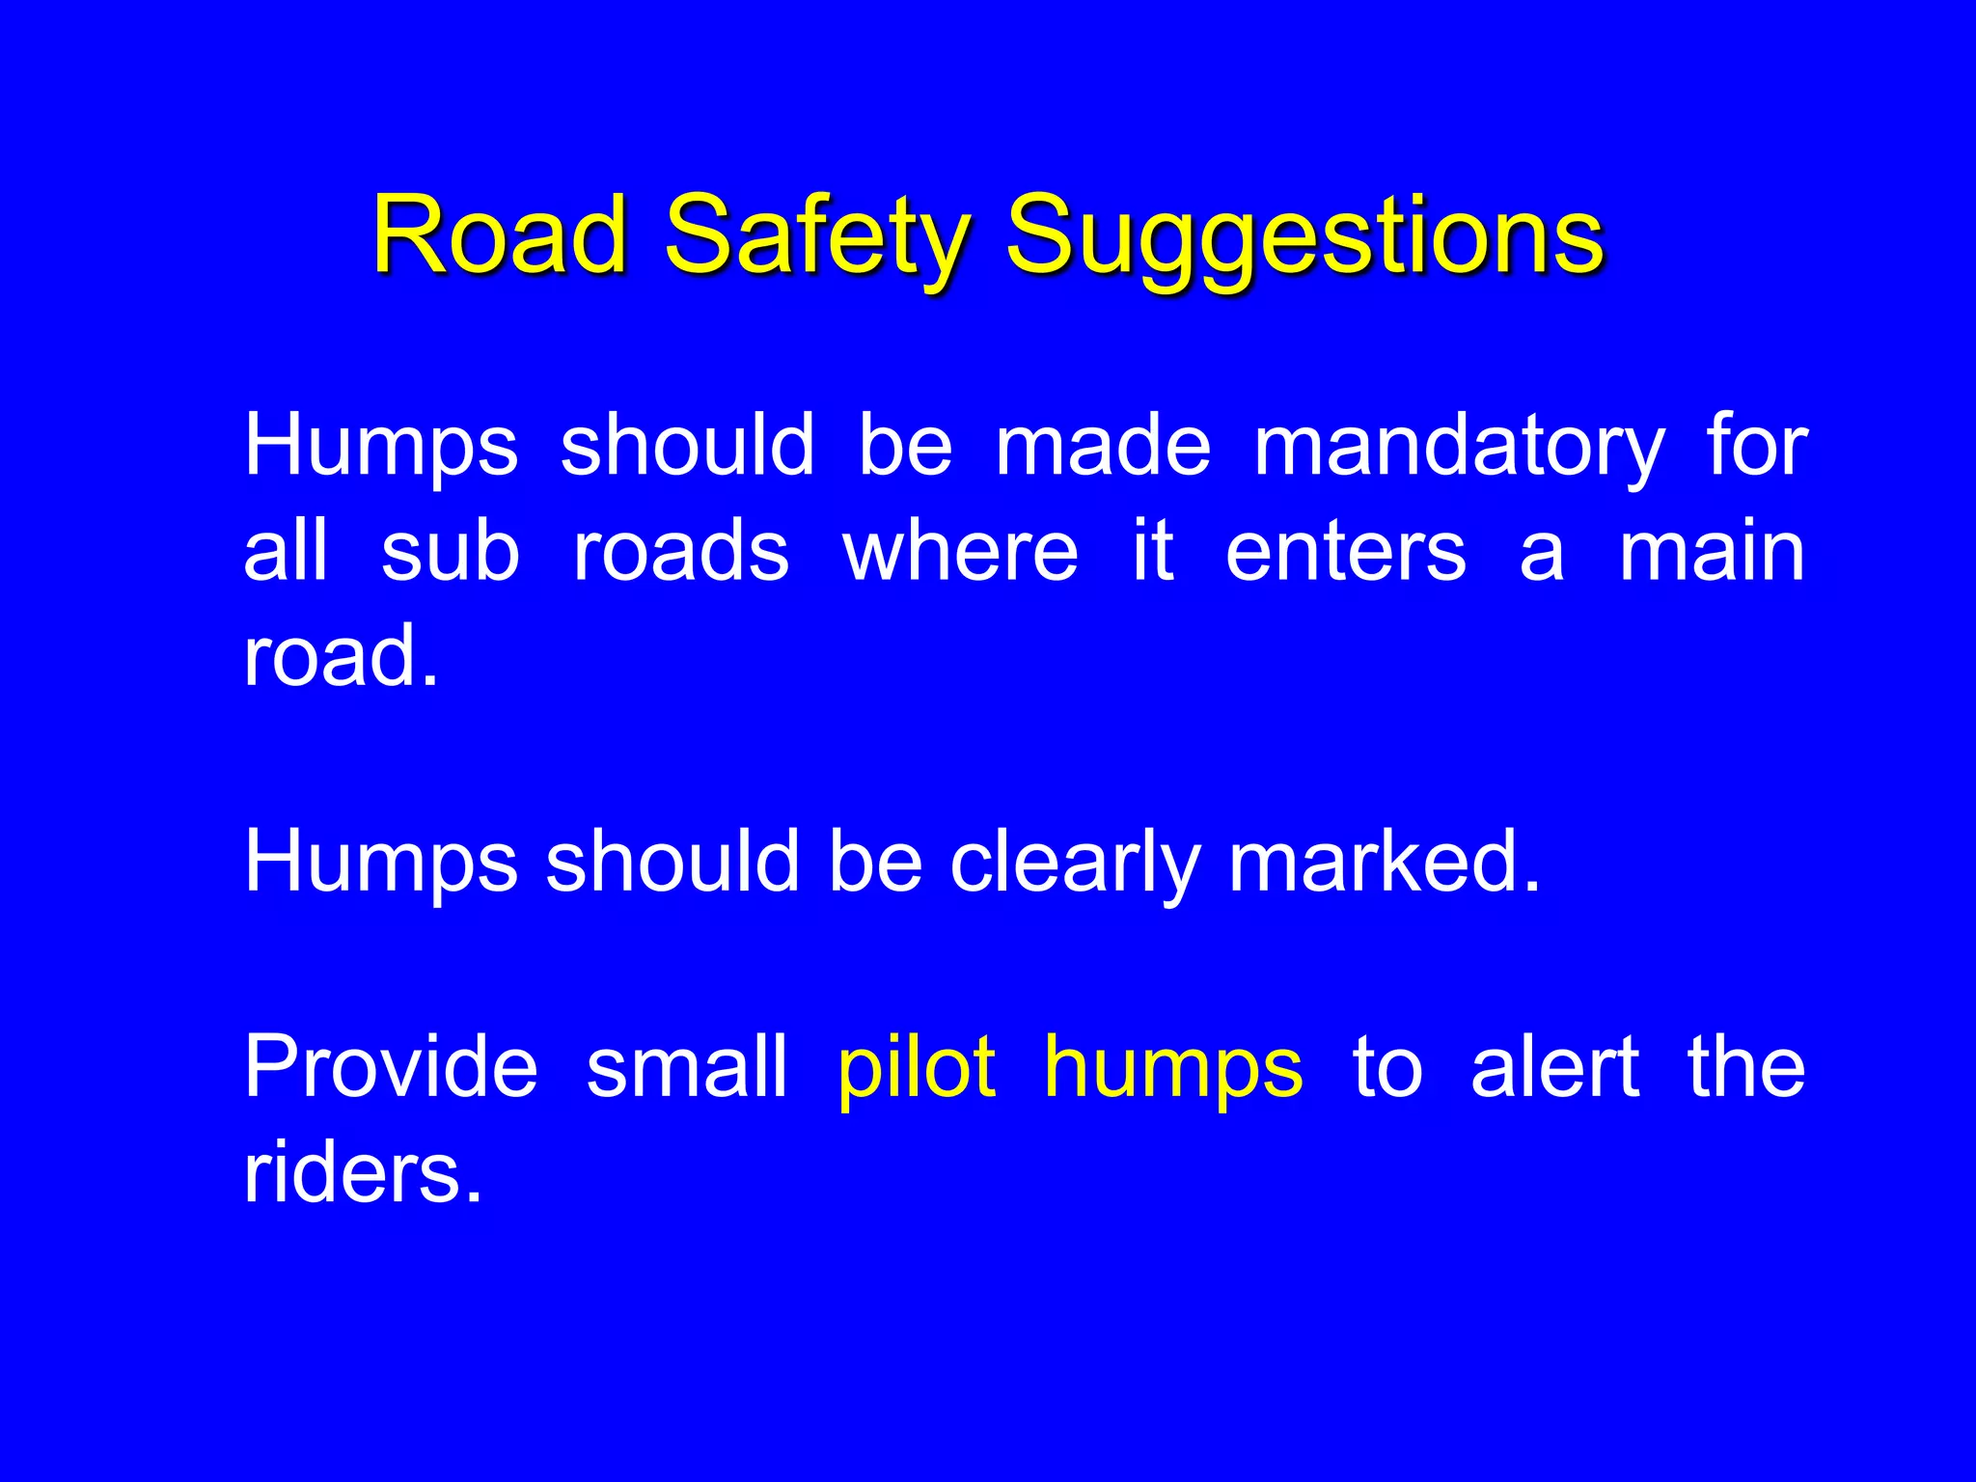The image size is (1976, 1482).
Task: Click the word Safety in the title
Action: (x=817, y=236)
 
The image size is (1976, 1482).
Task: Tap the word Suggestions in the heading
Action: (x=1304, y=236)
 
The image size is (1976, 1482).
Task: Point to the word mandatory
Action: (x=1459, y=446)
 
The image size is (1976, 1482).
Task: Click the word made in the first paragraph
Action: (x=1103, y=446)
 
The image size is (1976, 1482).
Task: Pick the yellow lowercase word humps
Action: (x=1173, y=1069)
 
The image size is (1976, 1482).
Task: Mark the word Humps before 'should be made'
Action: (x=381, y=446)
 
